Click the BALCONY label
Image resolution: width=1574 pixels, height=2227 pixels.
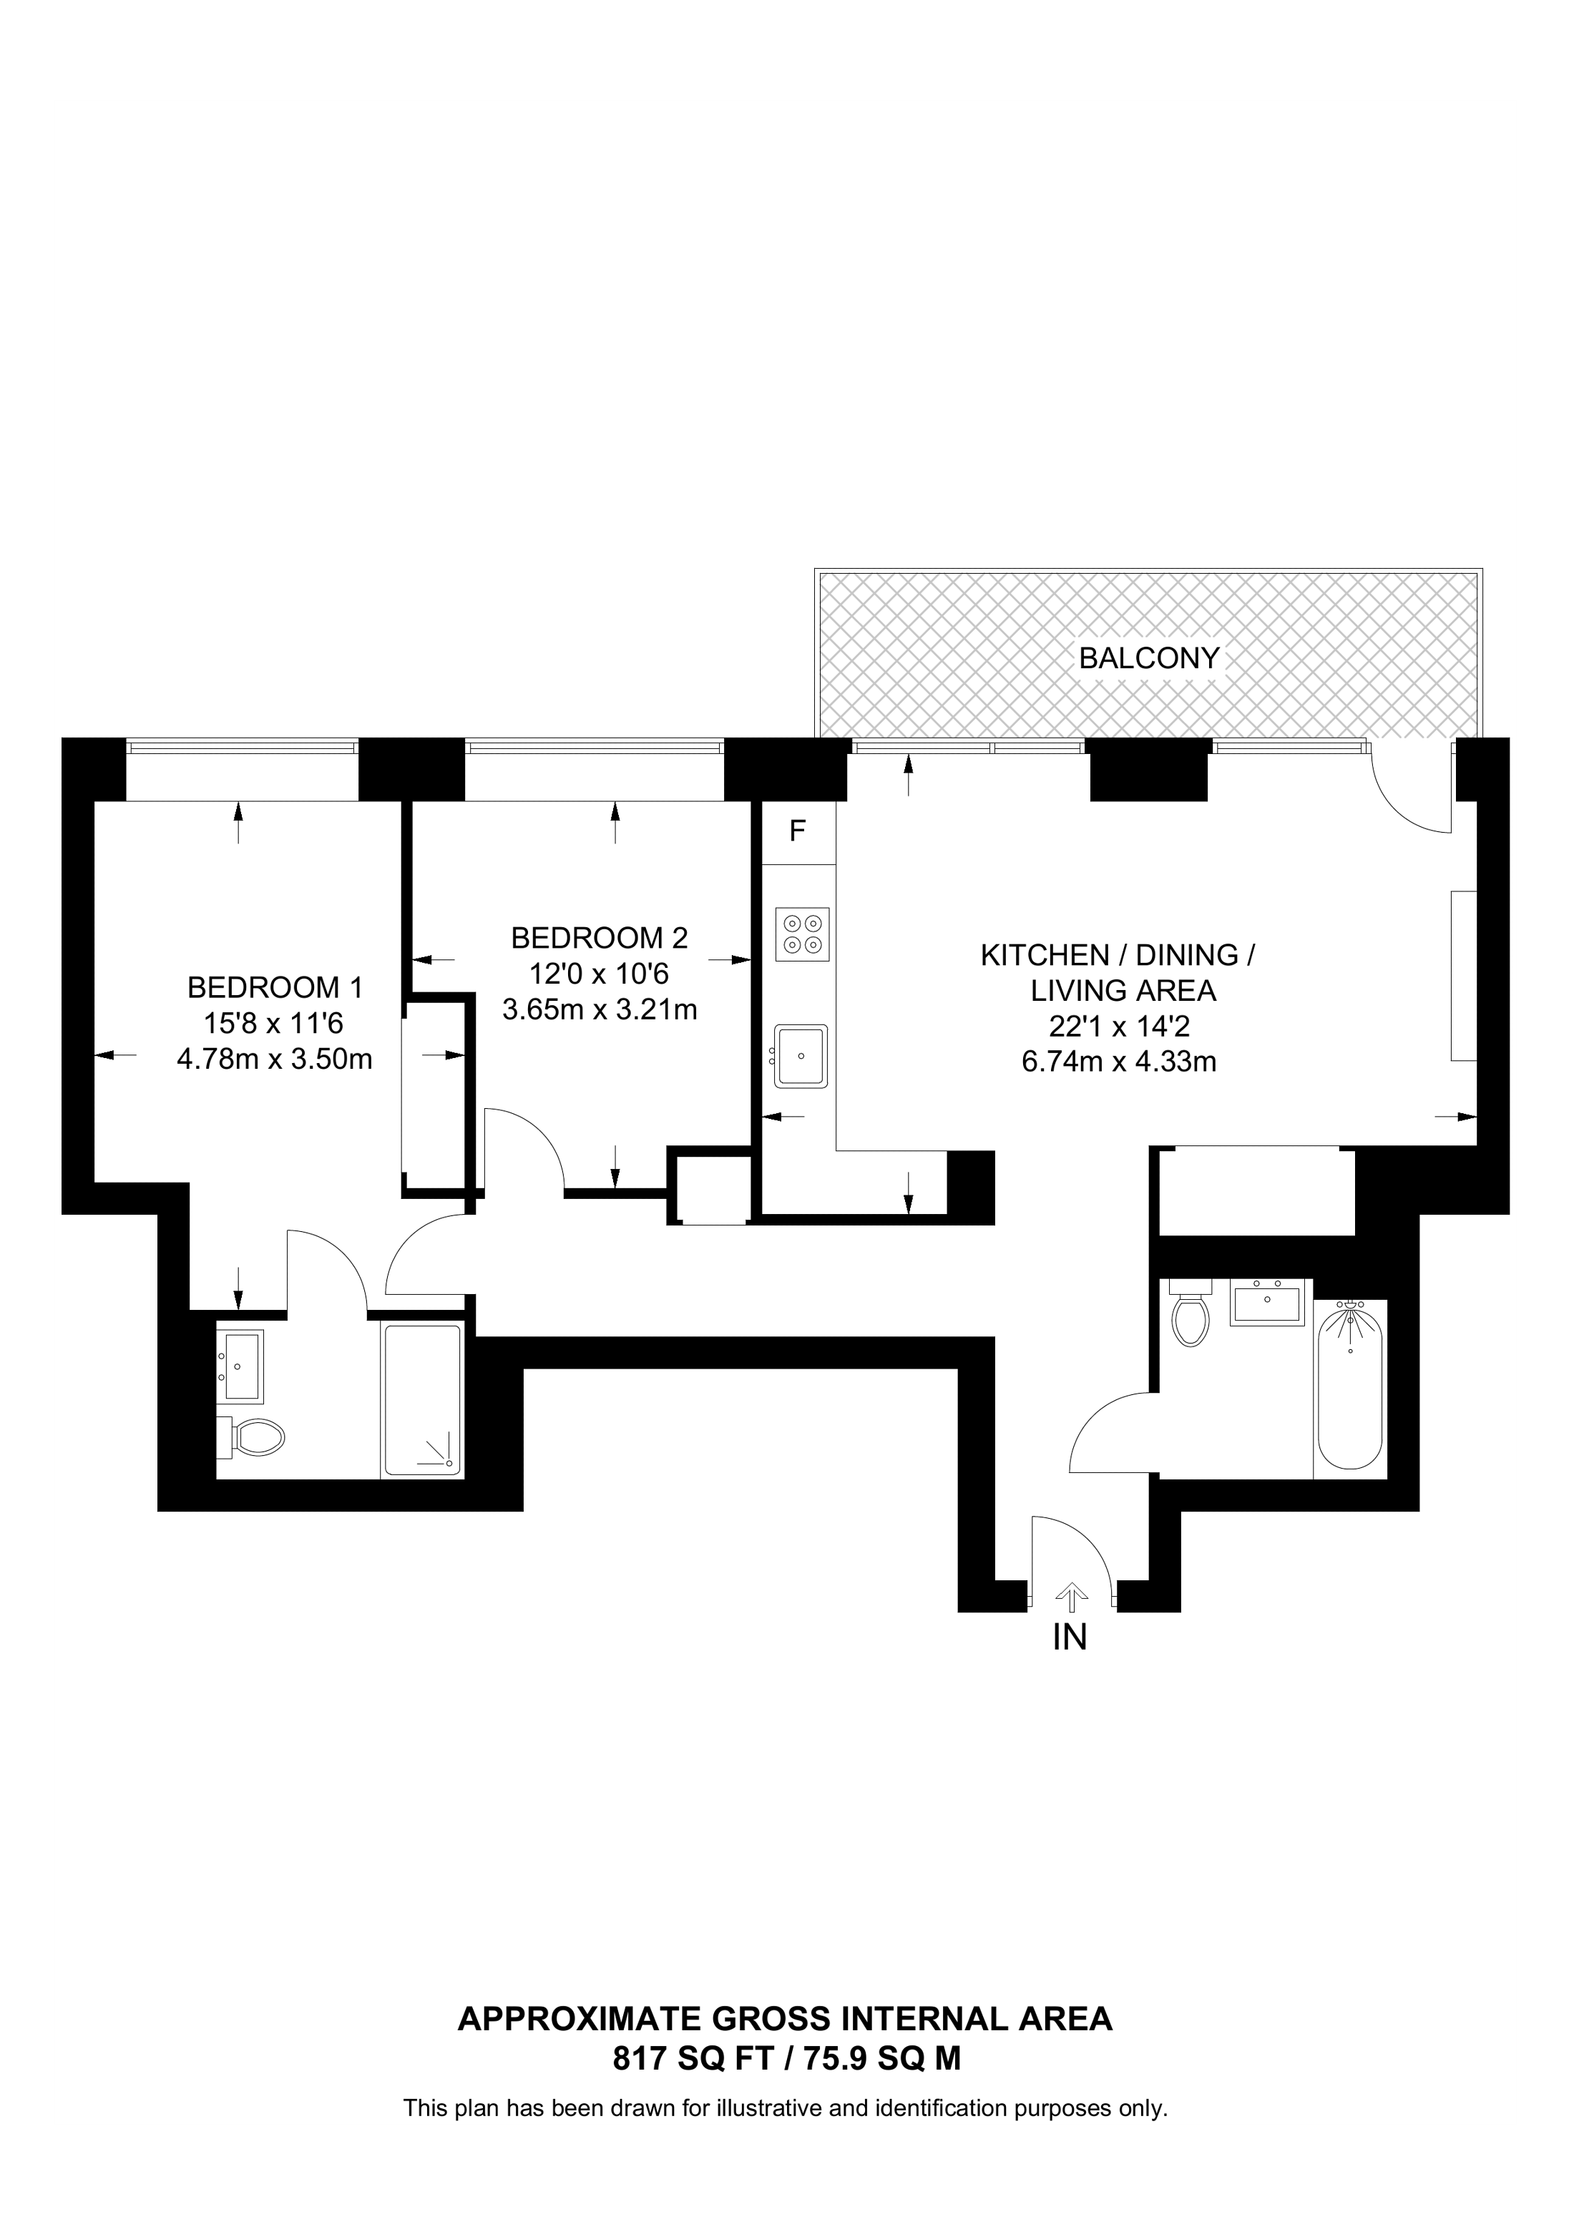pos(1148,659)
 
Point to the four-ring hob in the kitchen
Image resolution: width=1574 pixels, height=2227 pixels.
pos(803,934)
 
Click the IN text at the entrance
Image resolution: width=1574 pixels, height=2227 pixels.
pos(1070,1638)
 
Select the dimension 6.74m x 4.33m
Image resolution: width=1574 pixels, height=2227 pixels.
pos(1118,1062)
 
